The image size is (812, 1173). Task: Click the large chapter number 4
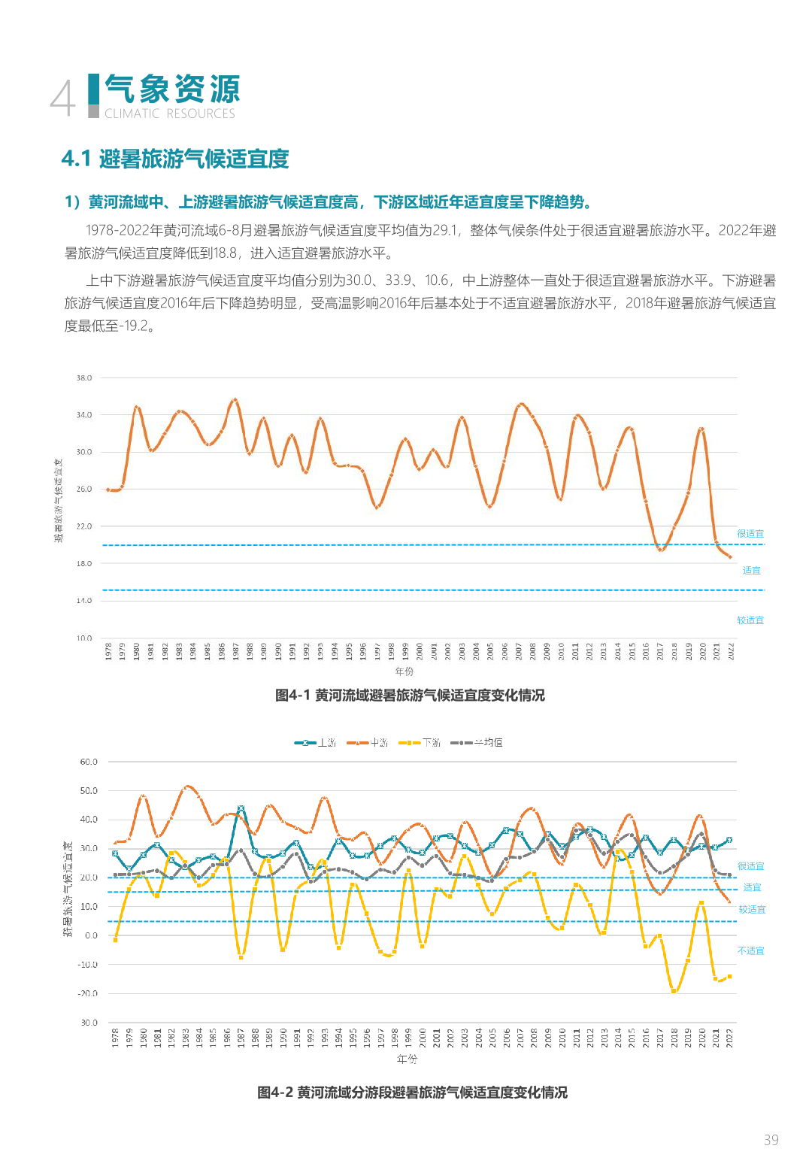coord(63,99)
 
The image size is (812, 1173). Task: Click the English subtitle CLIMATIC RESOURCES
coord(170,114)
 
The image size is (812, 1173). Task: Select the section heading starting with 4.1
coord(175,159)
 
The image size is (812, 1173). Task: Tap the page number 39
coord(771,1140)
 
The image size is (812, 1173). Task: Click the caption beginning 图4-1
coord(410,696)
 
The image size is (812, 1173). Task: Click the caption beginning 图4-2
coord(412,1093)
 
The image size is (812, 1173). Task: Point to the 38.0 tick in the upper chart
coord(84,378)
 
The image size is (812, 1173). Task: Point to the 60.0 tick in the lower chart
coord(89,762)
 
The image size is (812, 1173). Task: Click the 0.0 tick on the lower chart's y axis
coord(91,935)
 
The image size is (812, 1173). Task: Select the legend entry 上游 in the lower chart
coord(316,743)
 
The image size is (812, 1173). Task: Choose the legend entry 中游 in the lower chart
coord(368,743)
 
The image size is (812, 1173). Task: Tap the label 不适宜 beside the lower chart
coord(750,951)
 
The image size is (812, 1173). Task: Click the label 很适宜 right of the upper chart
coord(750,534)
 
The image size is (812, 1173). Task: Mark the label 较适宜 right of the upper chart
coord(750,620)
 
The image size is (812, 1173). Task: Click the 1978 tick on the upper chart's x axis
coord(108,651)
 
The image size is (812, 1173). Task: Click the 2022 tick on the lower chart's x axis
coord(729,1038)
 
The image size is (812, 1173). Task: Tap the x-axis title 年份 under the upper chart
coord(404,671)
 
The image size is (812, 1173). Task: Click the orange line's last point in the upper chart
coord(729,557)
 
